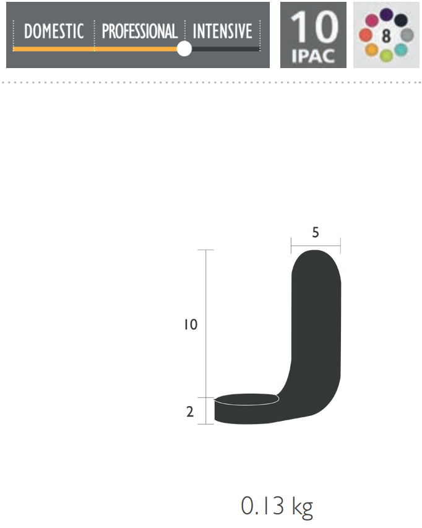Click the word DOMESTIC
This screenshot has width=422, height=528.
54,32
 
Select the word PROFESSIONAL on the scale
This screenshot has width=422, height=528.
140,32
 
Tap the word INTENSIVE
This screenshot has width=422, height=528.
222,32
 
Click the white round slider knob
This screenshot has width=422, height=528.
184,49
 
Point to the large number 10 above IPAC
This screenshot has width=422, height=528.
314,27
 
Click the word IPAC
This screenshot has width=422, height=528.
313,56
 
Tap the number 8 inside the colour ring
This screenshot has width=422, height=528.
386,36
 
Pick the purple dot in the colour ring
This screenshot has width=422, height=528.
386,14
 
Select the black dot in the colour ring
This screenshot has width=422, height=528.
401,20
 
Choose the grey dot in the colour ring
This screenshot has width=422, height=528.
407,35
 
